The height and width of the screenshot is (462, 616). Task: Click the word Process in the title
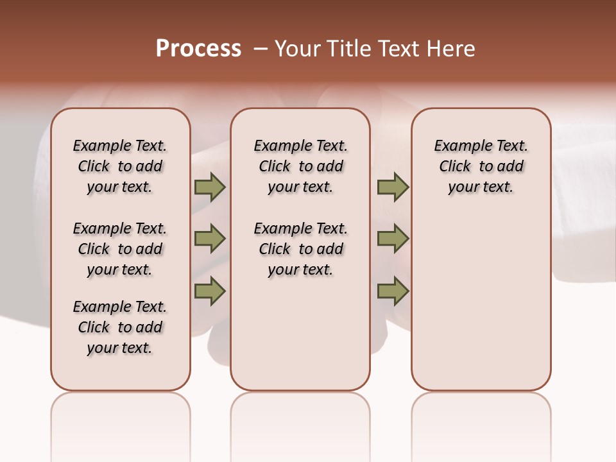tap(198, 49)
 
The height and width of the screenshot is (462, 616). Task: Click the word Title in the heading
tap(348, 49)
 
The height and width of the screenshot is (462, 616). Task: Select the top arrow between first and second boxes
tap(210, 187)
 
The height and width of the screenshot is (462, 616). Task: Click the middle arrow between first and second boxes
tap(210, 239)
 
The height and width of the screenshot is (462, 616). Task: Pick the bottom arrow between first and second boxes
tap(210, 291)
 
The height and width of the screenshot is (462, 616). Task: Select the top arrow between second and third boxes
tap(393, 187)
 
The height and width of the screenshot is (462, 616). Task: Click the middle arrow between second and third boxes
tap(393, 239)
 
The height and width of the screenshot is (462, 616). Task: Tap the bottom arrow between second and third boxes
tap(393, 291)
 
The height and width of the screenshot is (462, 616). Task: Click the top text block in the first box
tap(120, 166)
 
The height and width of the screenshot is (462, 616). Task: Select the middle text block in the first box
tap(120, 249)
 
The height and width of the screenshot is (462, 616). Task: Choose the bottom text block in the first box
tap(120, 327)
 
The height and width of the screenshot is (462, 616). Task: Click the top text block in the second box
tap(300, 166)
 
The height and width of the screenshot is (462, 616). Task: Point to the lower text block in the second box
tap(300, 249)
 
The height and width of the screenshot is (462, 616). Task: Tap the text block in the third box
tap(481, 166)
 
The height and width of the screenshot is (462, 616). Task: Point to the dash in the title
tap(261, 49)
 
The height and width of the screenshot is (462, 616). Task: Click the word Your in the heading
tap(297, 49)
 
